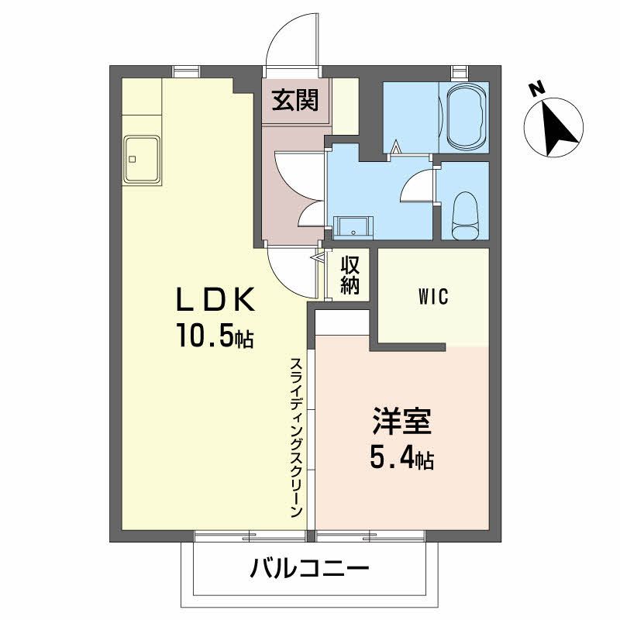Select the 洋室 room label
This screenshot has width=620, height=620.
tap(400, 423)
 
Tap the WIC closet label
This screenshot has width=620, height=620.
tap(432, 296)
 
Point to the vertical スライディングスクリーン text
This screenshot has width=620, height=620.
tap(296, 438)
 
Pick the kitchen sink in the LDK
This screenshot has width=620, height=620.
tap(140, 160)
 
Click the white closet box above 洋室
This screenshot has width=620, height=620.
tap(342, 319)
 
